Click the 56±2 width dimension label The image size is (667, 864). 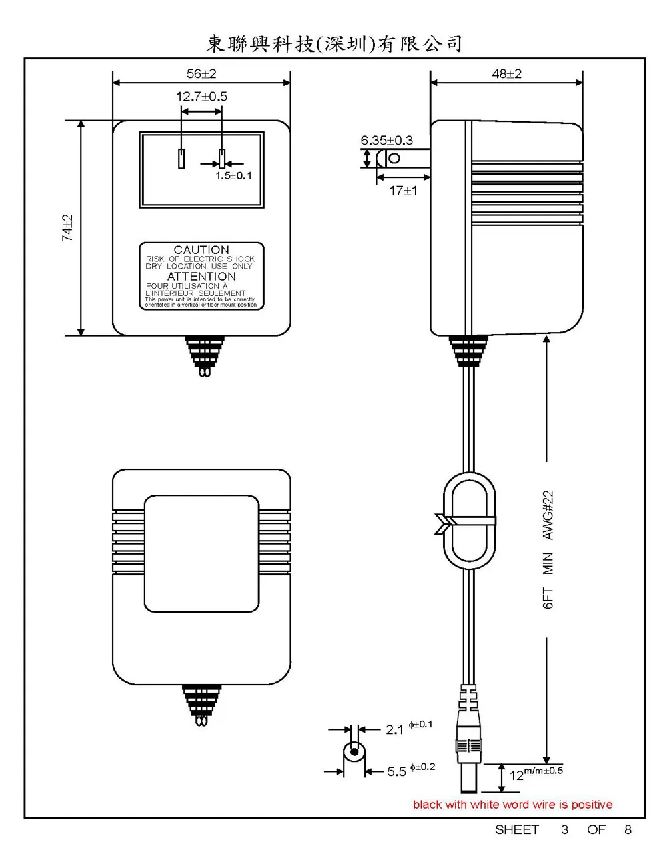click(201, 74)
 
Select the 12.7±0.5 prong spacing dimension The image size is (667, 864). click(201, 97)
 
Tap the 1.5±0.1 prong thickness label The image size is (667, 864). click(233, 176)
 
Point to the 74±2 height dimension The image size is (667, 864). click(68, 228)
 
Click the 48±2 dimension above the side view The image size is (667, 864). click(506, 74)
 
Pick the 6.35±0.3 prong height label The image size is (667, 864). click(386, 141)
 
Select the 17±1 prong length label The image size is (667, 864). click(403, 191)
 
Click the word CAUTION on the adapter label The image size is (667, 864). click(201, 250)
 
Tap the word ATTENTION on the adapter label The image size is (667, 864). click(201, 276)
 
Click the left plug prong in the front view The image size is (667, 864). click(181, 159)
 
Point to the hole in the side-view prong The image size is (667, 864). click(394, 158)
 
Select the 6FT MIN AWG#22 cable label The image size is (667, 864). click(548, 549)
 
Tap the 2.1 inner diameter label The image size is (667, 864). click(395, 729)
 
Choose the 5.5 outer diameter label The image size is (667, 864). click(396, 772)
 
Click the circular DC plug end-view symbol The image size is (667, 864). click(354, 755)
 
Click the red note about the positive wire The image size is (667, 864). click(512, 805)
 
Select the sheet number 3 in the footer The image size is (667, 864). click(565, 830)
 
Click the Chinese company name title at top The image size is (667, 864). click(333, 44)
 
